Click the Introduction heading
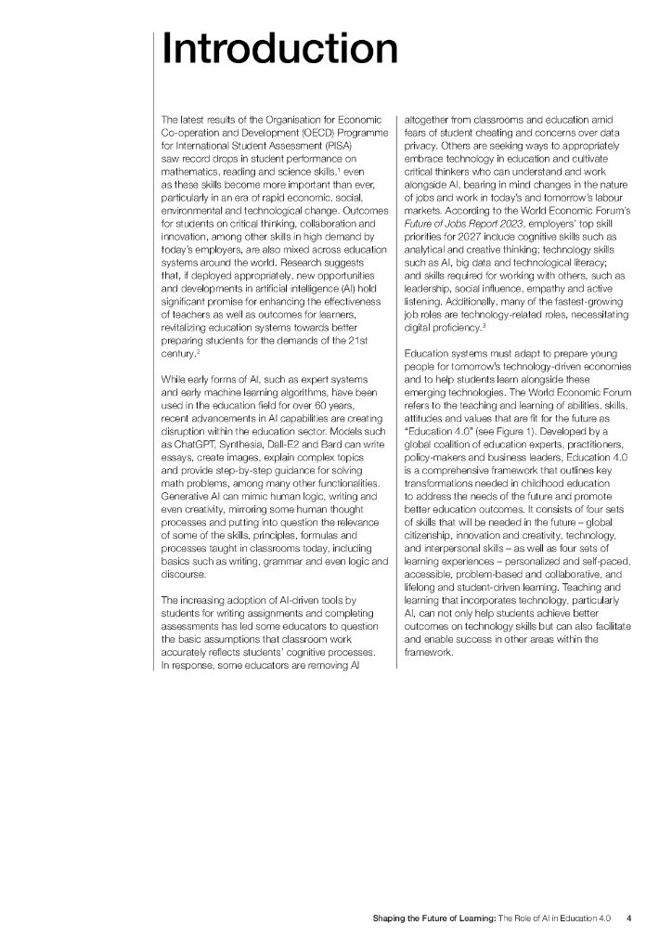point(279,48)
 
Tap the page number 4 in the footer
point(629,918)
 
